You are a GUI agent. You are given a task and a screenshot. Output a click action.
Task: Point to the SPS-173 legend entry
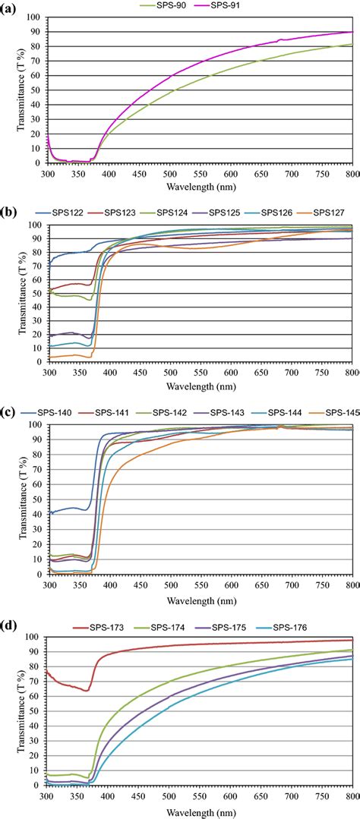click(x=106, y=627)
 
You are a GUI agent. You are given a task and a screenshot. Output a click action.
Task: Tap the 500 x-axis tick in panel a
click(x=169, y=172)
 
